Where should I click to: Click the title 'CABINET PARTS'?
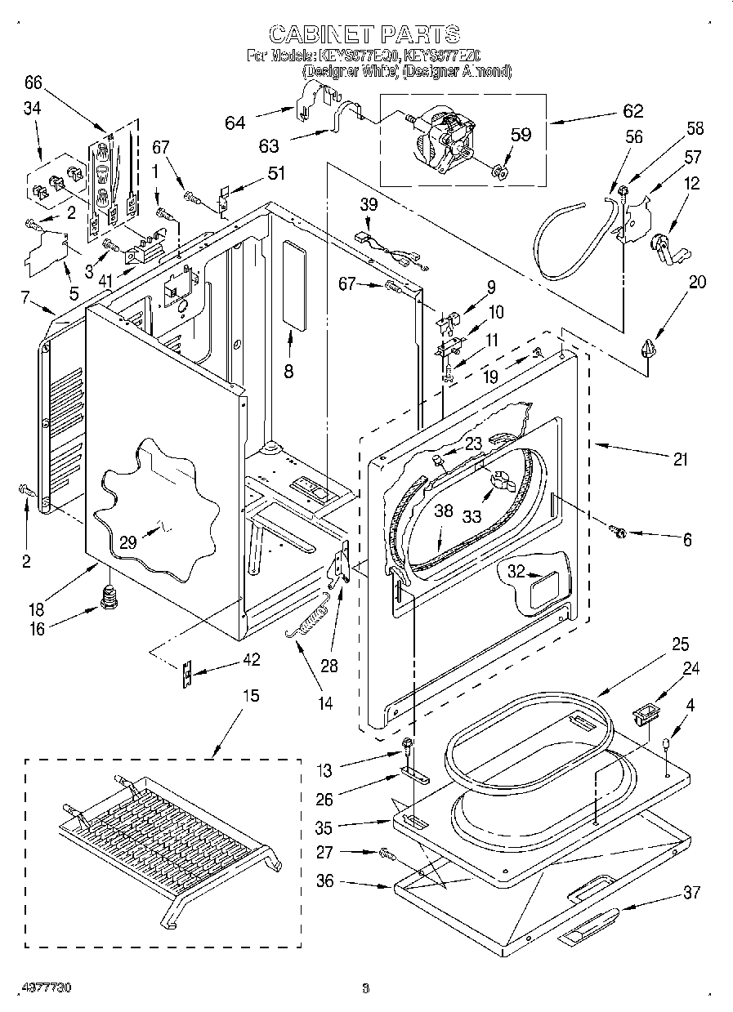coord(364,34)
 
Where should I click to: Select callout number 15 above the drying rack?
coord(251,696)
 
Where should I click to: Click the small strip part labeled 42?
coord(187,673)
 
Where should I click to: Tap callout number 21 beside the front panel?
coord(680,460)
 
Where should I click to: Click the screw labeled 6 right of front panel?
coord(619,533)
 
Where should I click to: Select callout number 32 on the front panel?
coord(516,573)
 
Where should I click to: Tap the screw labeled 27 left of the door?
coord(387,854)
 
